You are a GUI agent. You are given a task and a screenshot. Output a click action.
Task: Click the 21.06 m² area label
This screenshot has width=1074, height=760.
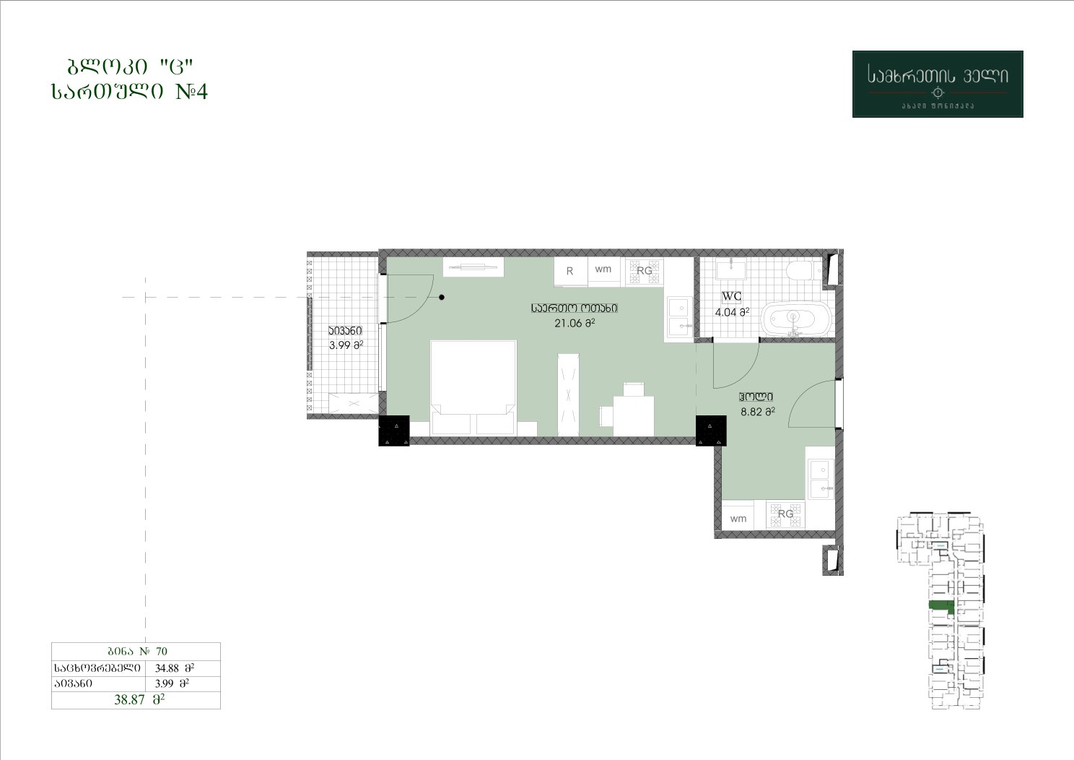tap(575, 323)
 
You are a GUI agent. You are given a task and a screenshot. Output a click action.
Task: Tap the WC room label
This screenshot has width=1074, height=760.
tap(732, 296)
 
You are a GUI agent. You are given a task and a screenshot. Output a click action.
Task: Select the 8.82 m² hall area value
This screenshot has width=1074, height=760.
tap(758, 411)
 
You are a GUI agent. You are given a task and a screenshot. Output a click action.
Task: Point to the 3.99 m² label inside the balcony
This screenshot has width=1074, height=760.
tap(346, 345)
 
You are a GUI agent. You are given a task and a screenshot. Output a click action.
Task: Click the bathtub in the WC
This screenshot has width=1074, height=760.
tap(797, 319)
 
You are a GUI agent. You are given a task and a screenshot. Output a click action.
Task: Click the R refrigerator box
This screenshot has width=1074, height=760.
tap(570, 272)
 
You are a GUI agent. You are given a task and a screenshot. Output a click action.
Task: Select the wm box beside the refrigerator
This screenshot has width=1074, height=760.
tap(603, 270)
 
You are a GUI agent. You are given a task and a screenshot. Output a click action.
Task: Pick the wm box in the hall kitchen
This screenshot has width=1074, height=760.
tap(738, 518)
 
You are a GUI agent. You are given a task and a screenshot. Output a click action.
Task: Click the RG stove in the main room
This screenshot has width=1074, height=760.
tap(645, 272)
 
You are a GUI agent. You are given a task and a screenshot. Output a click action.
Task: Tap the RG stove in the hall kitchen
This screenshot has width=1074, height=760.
tap(785, 514)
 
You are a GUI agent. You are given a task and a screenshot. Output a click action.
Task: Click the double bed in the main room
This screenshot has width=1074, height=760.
tap(473, 388)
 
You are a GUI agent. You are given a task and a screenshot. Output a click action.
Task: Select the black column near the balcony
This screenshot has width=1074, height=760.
tap(394, 431)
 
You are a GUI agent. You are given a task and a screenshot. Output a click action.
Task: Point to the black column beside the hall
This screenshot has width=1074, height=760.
tap(711, 431)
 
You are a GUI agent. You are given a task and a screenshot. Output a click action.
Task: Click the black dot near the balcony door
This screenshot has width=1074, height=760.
tap(442, 298)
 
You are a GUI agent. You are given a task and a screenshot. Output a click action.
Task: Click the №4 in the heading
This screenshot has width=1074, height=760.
tap(192, 92)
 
